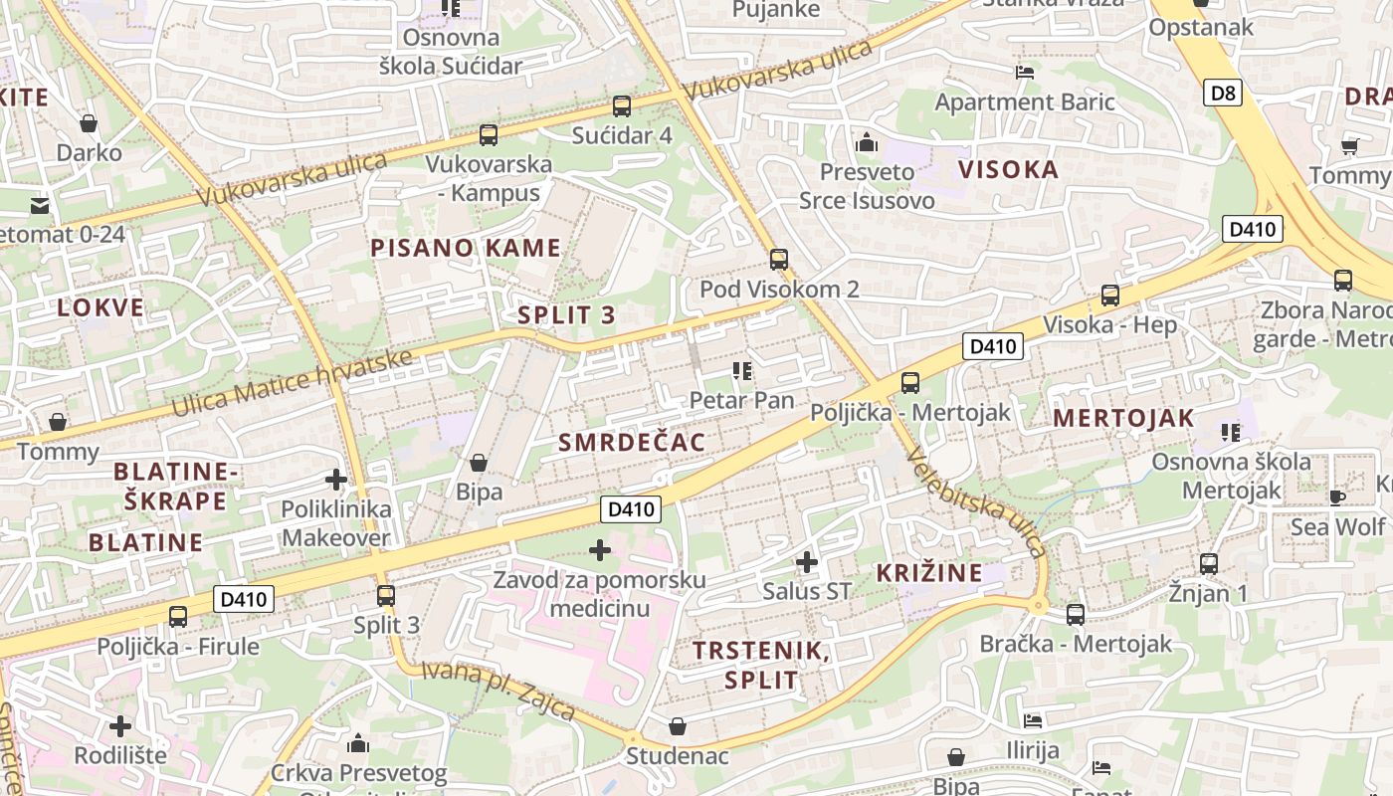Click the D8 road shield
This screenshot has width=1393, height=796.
[1223, 94]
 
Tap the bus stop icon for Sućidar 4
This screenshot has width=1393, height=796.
[622, 105]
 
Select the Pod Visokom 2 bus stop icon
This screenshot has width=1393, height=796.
[779, 260]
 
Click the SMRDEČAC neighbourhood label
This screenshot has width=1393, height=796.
[632, 443]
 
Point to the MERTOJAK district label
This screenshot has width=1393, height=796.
[1123, 419]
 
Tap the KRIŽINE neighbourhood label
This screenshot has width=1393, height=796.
[929, 573]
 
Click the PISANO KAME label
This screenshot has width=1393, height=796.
[466, 248]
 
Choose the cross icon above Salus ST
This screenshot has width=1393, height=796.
[807, 563]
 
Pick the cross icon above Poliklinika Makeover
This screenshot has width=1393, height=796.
[336, 480]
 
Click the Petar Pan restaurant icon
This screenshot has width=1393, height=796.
[741, 372]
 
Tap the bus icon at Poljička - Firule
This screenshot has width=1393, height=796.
[178, 617]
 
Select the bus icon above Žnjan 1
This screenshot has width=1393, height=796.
[1209, 564]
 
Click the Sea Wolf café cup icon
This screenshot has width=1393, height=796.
[1336, 497]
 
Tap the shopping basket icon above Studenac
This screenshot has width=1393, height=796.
[678, 726]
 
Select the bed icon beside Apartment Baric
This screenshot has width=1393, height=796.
[1025, 72]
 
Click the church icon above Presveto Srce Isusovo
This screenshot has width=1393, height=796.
[867, 143]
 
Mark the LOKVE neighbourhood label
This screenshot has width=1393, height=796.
[100, 307]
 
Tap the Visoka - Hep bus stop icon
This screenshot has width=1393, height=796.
[1109, 296]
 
